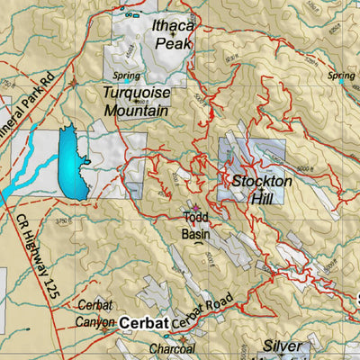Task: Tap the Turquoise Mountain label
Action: (136, 102)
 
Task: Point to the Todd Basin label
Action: (196, 225)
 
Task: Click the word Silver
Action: (281, 346)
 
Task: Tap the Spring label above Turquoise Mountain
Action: (128, 76)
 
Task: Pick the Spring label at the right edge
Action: (342, 76)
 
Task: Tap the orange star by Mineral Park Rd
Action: (74, 80)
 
